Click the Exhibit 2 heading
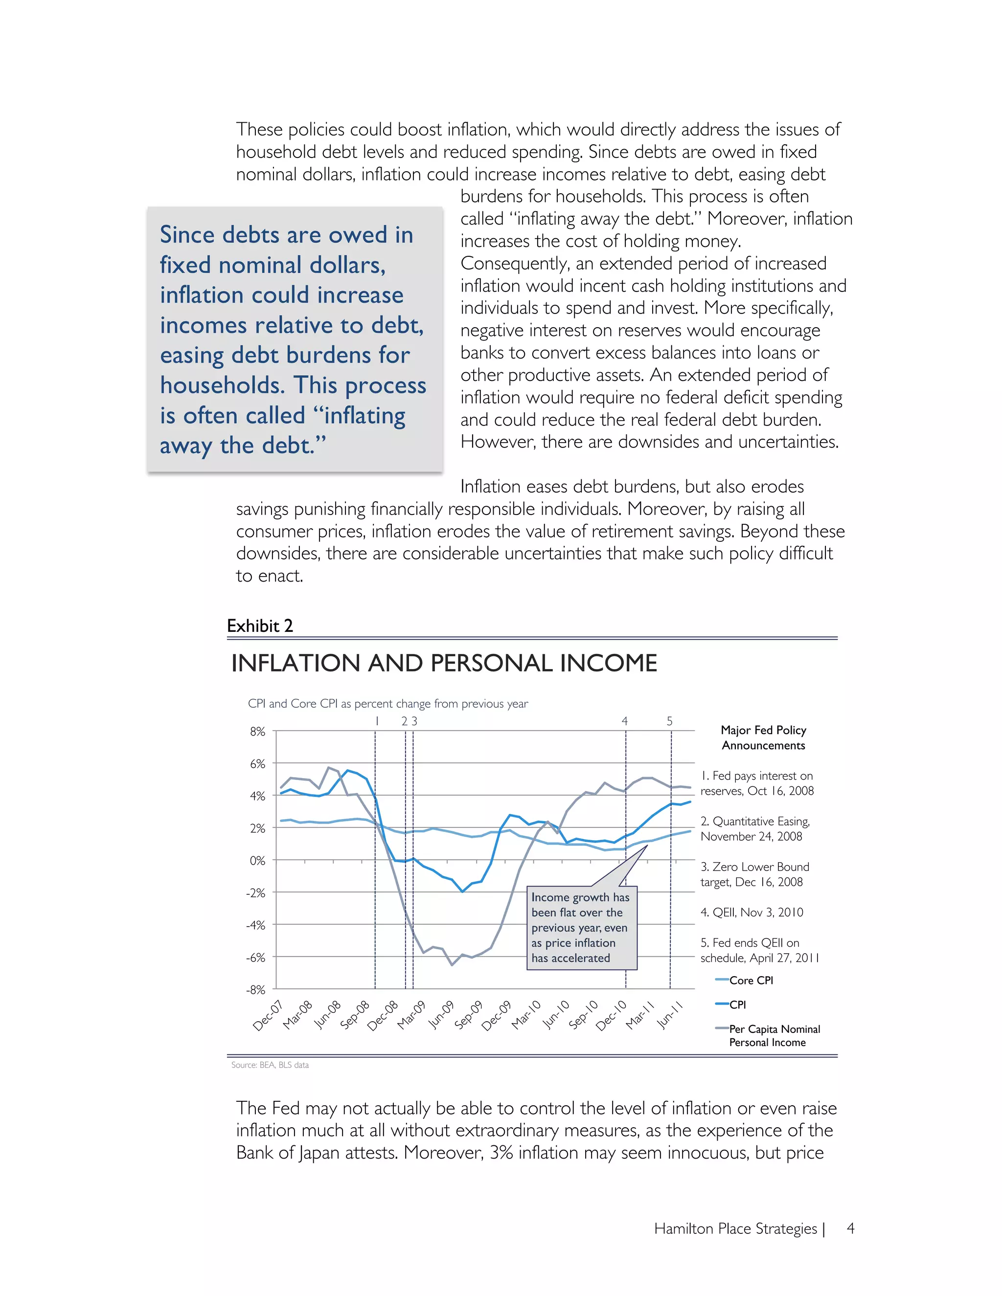click(259, 626)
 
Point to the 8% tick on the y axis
click(257, 732)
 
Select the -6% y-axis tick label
click(256, 958)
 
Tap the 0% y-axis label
click(257, 860)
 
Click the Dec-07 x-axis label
click(268, 1015)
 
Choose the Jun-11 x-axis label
click(670, 1015)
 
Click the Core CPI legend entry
click(751, 980)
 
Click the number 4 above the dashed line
click(624, 721)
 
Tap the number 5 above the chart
click(670, 721)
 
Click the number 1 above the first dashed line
click(376, 721)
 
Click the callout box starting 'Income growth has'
click(581, 927)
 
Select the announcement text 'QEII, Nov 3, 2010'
click(752, 912)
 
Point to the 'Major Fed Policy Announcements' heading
click(763, 737)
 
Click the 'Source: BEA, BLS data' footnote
click(270, 1065)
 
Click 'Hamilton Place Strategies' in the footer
click(735, 1229)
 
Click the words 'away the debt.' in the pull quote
click(243, 445)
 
